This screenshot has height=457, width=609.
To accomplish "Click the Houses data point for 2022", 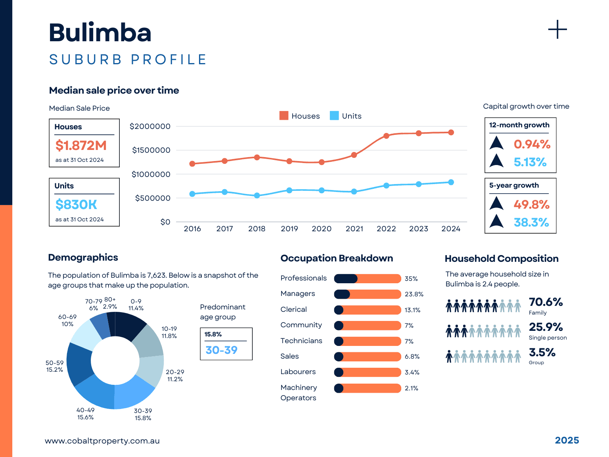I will [x=387, y=136].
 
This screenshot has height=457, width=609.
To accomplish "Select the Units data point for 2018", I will [x=257, y=196].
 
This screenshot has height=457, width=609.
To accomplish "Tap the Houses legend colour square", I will [x=284, y=115].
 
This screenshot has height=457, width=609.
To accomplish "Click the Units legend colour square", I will [x=334, y=115].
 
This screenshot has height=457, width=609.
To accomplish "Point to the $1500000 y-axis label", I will [x=151, y=150].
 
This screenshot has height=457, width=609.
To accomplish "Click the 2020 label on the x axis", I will [x=322, y=229].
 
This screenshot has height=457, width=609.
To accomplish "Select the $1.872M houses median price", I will [x=81, y=146].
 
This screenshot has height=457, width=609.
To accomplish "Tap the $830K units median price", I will [x=76, y=205].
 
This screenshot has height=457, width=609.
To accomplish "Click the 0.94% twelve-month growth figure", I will [x=532, y=144].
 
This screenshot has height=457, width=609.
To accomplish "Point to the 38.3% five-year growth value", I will [x=531, y=223].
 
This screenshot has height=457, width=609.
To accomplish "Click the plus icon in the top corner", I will [x=557, y=30].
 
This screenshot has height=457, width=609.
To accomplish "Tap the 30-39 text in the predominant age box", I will [x=221, y=350].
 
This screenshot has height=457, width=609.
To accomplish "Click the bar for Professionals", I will [x=368, y=278].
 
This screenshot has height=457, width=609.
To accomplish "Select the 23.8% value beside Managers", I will [x=414, y=294].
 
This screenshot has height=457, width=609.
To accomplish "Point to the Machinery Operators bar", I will [x=368, y=388].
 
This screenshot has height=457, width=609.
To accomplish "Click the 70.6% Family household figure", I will [x=546, y=302].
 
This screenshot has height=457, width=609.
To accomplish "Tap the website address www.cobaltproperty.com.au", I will [x=102, y=441].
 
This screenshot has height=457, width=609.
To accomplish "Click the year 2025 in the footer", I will [x=567, y=440].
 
